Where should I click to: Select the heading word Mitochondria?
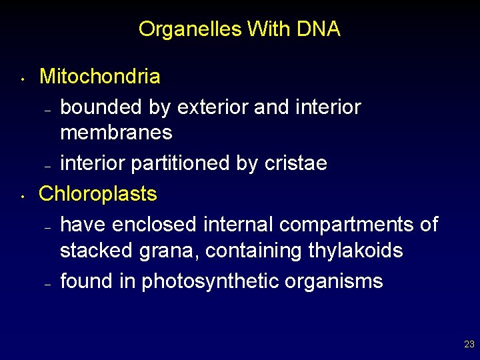pos(100,77)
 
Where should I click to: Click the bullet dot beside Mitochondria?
pos(22,81)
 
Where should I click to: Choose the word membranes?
pos(116,133)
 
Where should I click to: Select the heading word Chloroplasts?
pos(98,194)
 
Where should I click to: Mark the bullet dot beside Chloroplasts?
pos(22,198)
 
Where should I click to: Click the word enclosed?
pos(155,225)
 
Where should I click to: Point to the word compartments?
pos(348,225)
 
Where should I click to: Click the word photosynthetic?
pos(220,282)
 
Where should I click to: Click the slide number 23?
pos(469,345)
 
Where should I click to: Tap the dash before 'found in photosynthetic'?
pos(47,284)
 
